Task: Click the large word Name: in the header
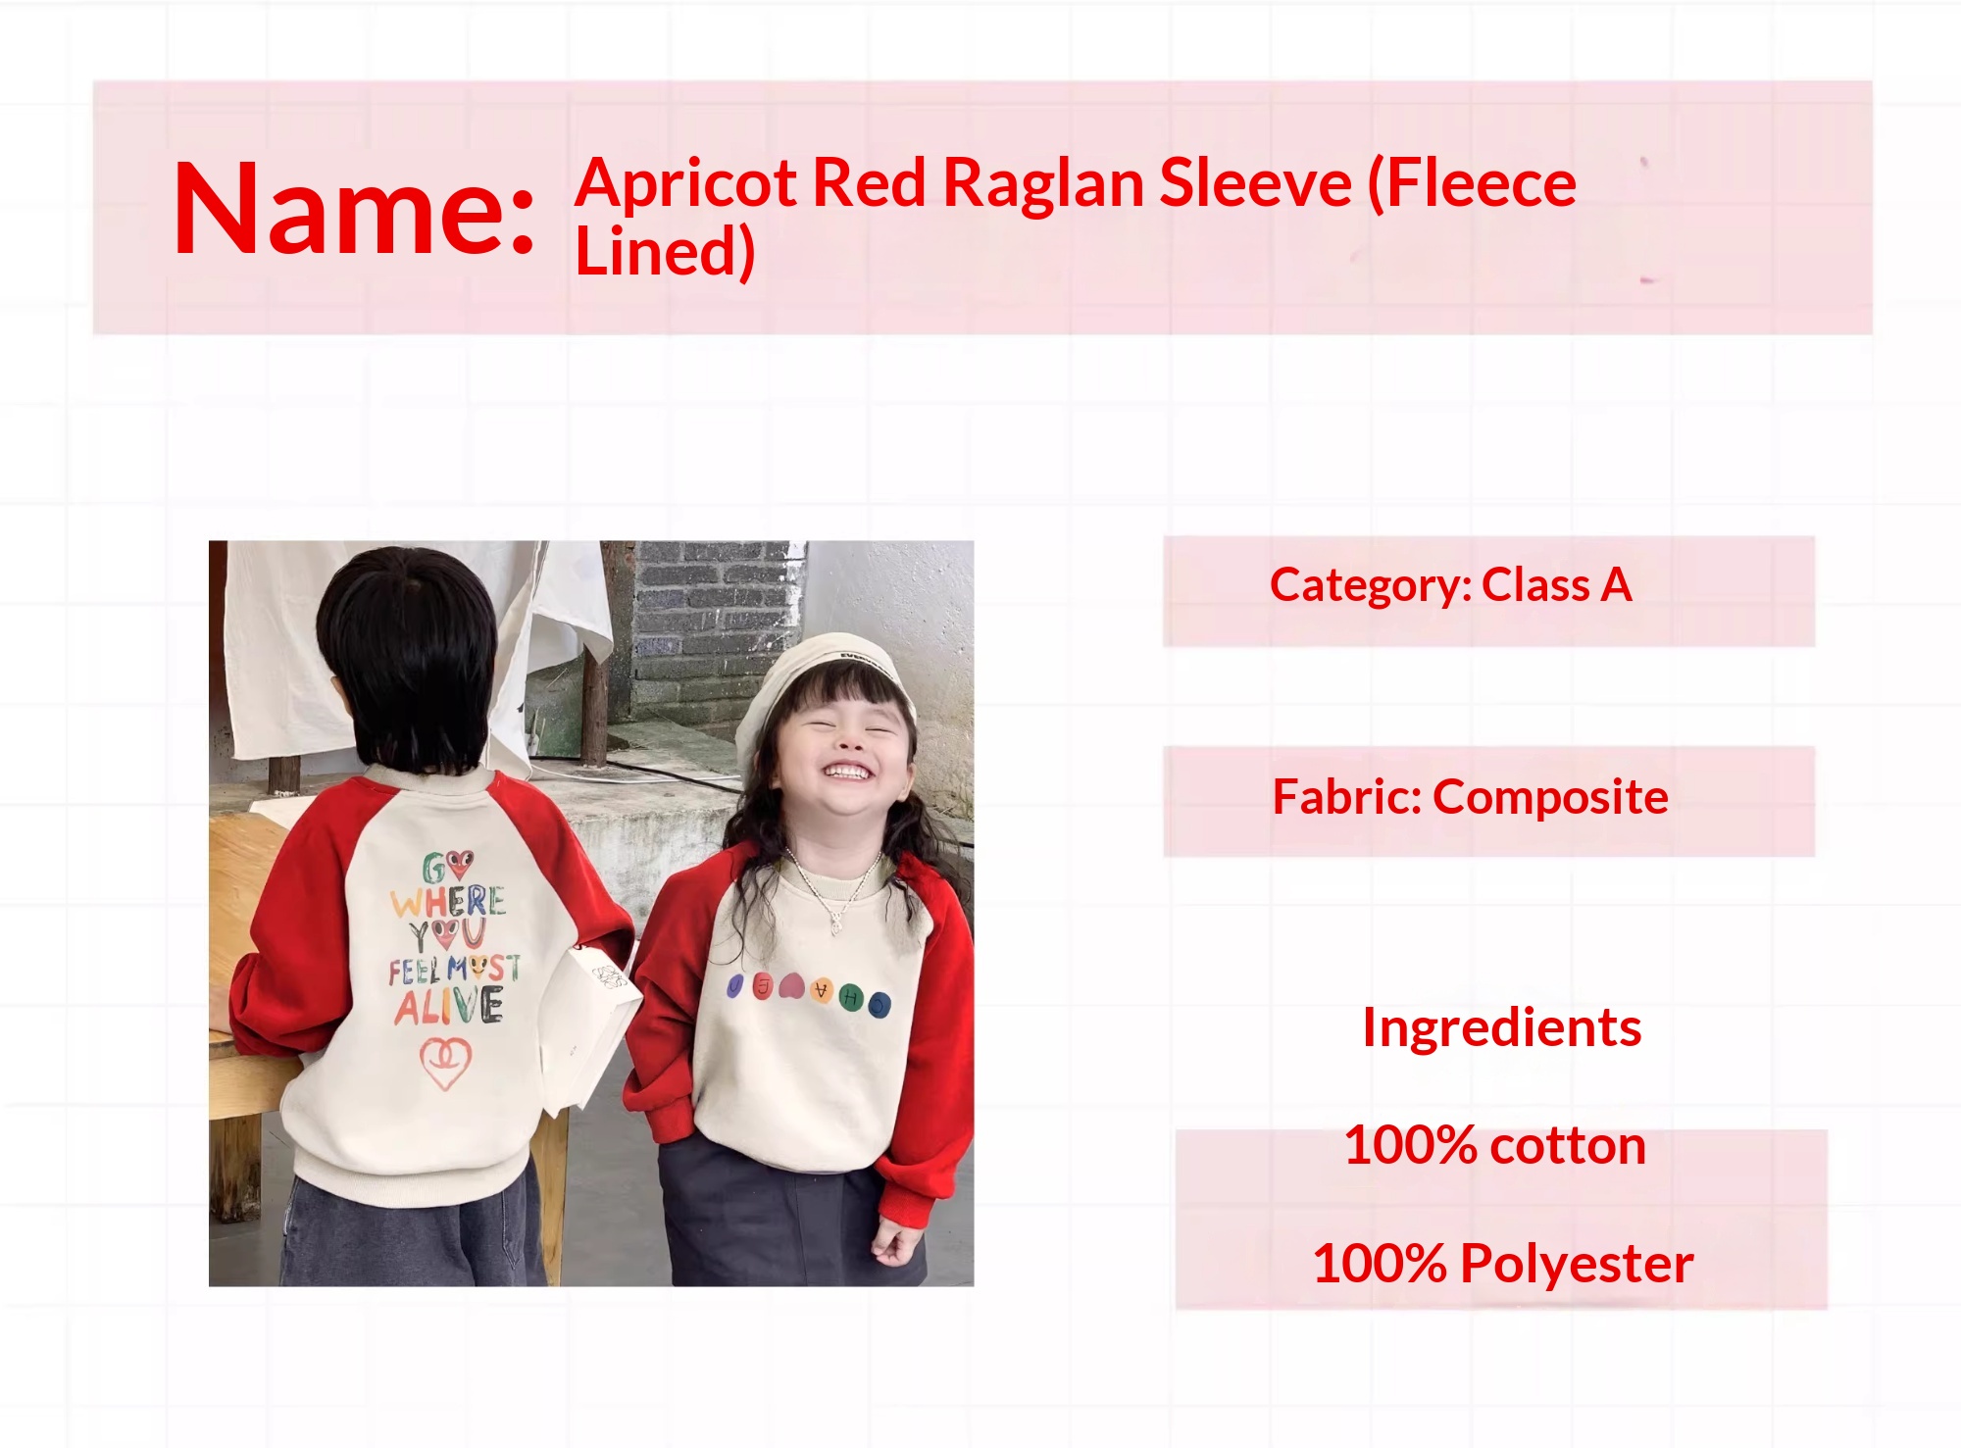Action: click(354, 208)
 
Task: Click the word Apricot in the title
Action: click(686, 184)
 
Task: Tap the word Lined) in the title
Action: click(665, 251)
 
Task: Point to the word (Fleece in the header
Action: click(1471, 183)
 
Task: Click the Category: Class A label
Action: click(1450, 585)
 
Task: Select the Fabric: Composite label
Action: click(1470, 797)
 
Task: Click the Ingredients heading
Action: click(1501, 1028)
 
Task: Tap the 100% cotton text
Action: click(1494, 1145)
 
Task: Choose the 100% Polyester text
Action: click(1502, 1263)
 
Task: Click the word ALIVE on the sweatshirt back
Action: click(449, 1006)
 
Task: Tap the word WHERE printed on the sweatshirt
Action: click(448, 900)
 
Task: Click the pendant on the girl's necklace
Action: click(835, 922)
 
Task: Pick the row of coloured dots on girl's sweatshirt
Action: click(809, 990)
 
